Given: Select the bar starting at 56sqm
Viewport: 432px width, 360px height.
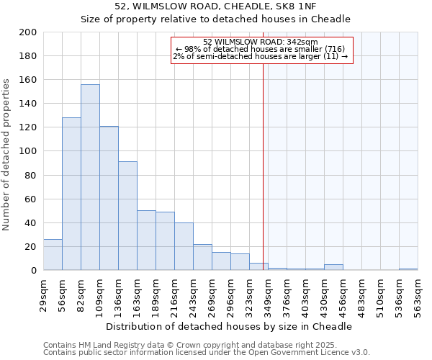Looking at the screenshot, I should pos(71,194).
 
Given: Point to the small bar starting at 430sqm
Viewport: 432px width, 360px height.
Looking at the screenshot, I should pos(333,267).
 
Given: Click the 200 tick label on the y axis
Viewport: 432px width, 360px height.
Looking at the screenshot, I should pos(28,32).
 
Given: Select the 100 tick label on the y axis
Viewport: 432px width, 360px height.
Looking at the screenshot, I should pos(28,151).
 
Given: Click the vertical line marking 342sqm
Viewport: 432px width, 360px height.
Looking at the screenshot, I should pos(264,166).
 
